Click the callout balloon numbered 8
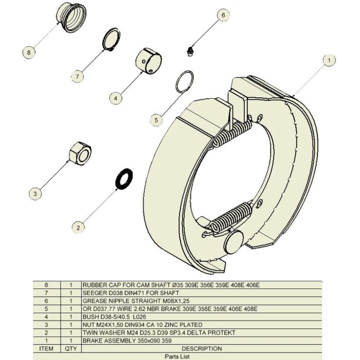(x=29, y=52)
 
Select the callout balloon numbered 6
(x=223, y=15)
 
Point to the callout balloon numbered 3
(x=34, y=194)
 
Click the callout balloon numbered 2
(x=78, y=226)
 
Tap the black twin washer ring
(x=124, y=178)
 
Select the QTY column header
(x=70, y=348)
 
